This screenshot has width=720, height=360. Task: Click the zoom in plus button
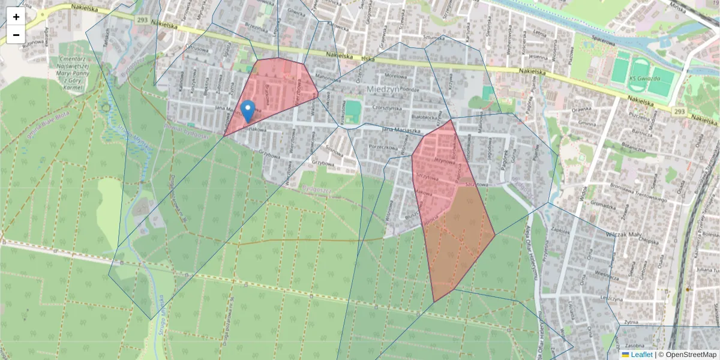tap(16, 17)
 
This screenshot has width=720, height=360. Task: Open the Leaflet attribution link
tap(641, 355)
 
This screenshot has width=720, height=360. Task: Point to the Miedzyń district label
tap(382, 89)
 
